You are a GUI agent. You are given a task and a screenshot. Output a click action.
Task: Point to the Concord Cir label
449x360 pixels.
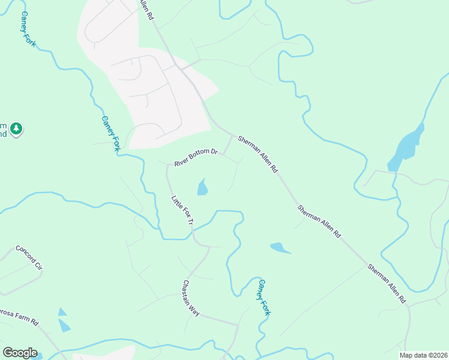pos(29,257)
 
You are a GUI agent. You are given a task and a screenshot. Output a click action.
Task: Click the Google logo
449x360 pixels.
pos(20,353)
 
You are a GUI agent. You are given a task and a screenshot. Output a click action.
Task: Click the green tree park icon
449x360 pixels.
pos(16,129)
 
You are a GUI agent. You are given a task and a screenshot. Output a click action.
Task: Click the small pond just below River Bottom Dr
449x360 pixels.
pos(202,188)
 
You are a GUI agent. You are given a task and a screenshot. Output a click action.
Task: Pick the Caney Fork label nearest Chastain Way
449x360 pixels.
pos(265,297)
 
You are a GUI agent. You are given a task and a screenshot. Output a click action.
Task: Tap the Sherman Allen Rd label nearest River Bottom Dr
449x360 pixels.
pos(258,154)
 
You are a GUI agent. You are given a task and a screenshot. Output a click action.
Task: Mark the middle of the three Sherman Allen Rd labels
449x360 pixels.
pos(319,221)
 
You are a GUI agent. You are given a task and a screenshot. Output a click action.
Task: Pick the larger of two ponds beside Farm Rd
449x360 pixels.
pos(64,325)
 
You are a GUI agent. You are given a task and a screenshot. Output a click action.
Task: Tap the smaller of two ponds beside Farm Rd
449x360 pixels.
pos(62,312)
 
